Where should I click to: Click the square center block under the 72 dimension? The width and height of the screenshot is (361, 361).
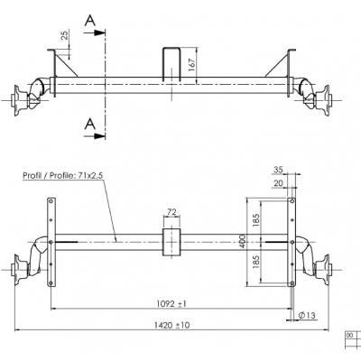click(x=171, y=241)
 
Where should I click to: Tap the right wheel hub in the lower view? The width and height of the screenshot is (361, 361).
click(x=330, y=268)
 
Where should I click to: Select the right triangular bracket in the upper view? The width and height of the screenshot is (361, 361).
click(x=285, y=64)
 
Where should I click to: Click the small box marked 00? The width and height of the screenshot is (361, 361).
click(x=347, y=334)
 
